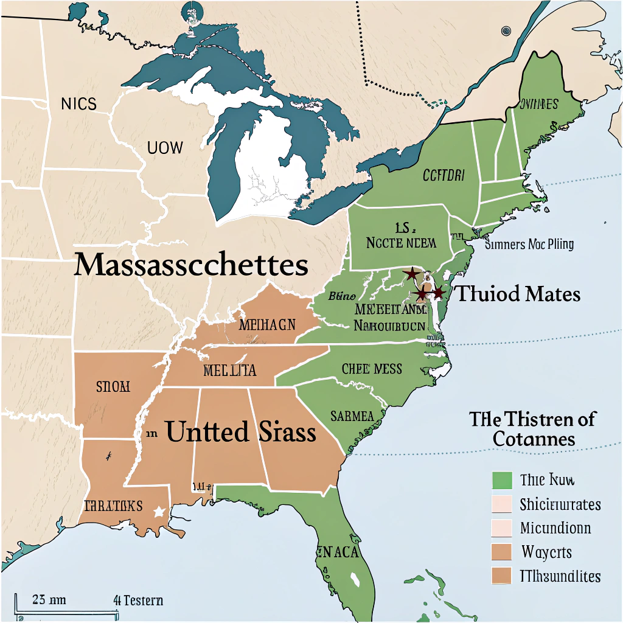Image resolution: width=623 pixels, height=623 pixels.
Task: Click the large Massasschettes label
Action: tap(190, 266)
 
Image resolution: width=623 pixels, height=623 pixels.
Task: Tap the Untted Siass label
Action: tap(240, 432)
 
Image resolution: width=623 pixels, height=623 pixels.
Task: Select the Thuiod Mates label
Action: tap(518, 294)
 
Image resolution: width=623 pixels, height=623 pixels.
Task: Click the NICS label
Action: tap(78, 103)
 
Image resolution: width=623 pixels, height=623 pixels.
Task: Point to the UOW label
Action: tap(164, 147)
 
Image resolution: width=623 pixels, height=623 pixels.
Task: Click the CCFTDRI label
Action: tap(443, 176)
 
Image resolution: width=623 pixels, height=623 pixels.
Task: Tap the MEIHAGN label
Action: tap(267, 324)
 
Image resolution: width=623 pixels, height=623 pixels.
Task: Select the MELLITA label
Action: tap(229, 370)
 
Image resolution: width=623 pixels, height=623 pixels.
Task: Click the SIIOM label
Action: tap(113, 386)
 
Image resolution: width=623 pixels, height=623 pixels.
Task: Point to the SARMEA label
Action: tap(352, 417)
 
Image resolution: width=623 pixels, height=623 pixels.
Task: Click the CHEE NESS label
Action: tap(372, 369)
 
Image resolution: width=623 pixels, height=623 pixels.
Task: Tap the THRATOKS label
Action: tap(113, 506)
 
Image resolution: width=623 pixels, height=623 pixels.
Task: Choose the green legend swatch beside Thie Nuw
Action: tap(501, 480)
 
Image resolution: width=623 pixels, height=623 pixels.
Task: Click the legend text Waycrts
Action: tap(546, 552)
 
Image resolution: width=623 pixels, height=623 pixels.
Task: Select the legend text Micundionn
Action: tap(555, 528)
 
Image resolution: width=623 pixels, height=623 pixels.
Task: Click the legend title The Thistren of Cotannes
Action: tap(532, 428)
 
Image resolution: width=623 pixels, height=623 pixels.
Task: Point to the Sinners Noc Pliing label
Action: tap(529, 245)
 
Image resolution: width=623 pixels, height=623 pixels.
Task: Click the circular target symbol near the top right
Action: tap(506, 31)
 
